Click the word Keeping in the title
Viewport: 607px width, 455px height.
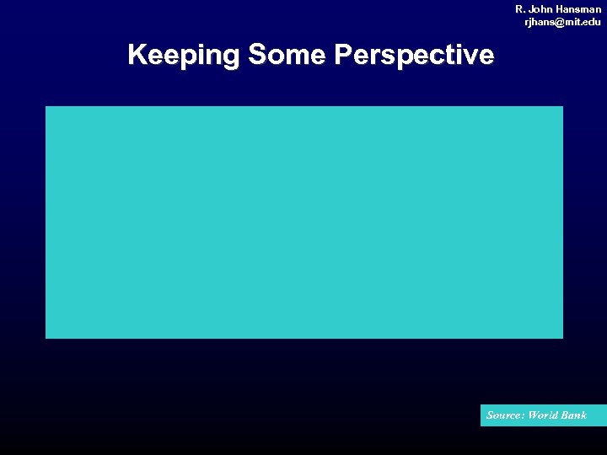184,56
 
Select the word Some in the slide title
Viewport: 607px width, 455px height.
287,56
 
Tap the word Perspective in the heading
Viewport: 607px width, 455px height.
414,56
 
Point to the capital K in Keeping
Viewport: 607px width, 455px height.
137,56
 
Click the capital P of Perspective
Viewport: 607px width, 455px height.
343,56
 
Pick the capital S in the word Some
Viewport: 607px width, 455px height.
257,56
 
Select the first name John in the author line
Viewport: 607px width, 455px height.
542,8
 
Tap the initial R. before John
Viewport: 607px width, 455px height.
520,8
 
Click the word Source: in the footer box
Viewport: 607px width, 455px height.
505,415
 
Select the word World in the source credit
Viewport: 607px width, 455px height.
545,415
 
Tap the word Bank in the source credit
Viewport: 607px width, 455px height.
576,415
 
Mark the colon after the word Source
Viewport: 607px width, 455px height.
523,416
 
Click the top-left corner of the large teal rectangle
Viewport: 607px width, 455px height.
46,107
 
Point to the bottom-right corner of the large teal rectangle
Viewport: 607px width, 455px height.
562,338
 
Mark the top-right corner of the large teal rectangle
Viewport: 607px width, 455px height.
562,107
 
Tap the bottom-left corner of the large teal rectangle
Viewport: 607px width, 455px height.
46,338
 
